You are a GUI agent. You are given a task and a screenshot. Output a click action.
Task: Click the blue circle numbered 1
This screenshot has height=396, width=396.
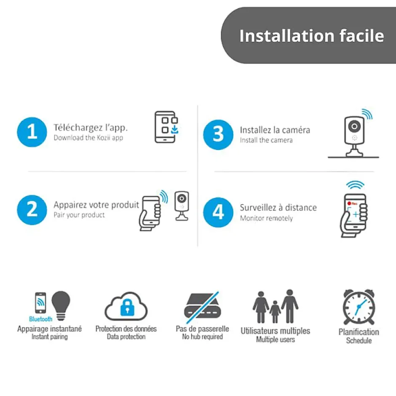(x=32, y=132)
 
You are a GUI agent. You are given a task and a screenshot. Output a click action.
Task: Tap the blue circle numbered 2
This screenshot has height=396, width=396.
(x=32, y=210)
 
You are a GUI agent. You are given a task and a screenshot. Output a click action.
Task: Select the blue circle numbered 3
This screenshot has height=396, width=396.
(x=218, y=135)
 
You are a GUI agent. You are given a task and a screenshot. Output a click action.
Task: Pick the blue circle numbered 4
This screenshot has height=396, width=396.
(x=218, y=212)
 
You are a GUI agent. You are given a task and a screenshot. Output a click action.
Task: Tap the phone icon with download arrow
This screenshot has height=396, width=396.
(x=166, y=127)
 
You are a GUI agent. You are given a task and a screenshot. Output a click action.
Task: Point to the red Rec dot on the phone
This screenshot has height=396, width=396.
(x=349, y=203)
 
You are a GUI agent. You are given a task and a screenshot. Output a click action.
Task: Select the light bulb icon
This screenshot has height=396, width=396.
(x=61, y=305)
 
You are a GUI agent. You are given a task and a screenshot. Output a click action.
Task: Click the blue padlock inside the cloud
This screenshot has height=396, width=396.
(x=127, y=308)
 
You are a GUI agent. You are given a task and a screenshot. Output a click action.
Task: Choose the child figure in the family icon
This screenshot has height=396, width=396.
(x=275, y=312)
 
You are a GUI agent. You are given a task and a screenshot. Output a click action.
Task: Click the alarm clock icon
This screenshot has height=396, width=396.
(x=359, y=307)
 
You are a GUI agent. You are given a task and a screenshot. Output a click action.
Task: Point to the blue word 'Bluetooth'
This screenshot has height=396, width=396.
(x=41, y=319)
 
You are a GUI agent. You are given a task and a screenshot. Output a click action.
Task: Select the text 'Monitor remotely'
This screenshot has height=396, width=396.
(x=266, y=218)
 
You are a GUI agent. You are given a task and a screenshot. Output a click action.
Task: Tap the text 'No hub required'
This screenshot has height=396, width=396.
(x=203, y=337)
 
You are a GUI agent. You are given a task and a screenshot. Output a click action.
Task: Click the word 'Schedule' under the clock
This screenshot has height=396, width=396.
(x=359, y=340)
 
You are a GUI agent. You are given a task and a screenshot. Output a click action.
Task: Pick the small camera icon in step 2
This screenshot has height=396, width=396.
(x=182, y=206)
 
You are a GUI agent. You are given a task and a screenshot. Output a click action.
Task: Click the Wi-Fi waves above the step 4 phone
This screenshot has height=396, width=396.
(x=355, y=185)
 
